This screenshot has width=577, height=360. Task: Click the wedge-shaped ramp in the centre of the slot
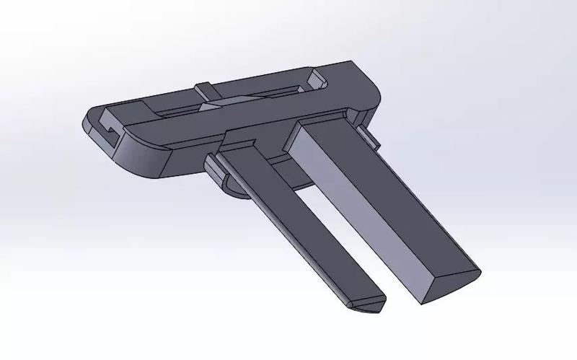216,105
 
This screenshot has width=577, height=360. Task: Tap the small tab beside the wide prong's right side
366,134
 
